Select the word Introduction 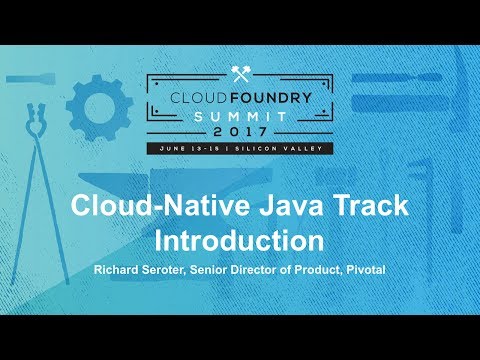tap(240, 241)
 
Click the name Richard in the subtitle tap(119, 271)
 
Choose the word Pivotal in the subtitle tap(363, 271)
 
